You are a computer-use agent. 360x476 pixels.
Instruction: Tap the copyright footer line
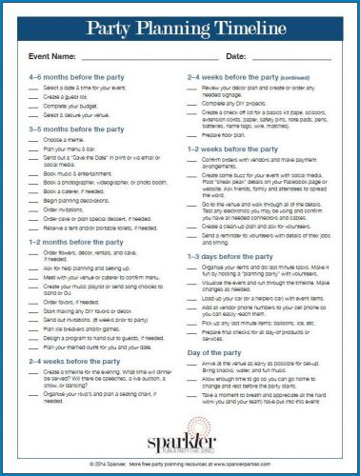click(x=179, y=463)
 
